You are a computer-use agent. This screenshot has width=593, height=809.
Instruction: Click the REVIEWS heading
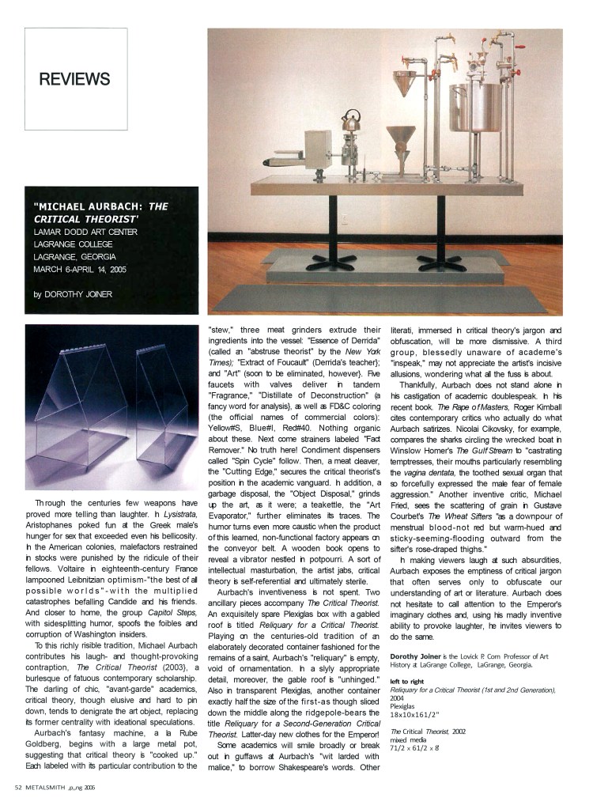coord(74,78)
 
